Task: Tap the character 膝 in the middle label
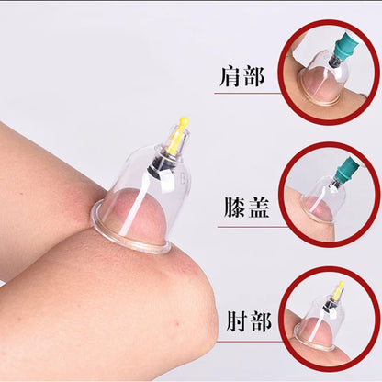coord(233,208)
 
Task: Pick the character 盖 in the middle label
coord(261,208)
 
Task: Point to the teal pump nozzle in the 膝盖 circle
coord(346,169)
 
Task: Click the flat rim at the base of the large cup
coord(129,241)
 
